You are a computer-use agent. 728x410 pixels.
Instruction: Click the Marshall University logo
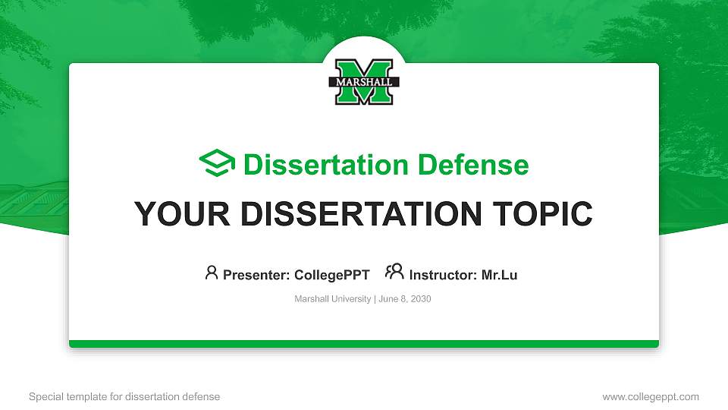coord(364,82)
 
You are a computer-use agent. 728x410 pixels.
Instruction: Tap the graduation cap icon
coord(217,164)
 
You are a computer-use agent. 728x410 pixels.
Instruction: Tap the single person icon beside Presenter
coord(212,273)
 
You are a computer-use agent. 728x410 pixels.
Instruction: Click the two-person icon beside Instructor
coord(394,272)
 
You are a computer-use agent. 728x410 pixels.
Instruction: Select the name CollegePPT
coord(332,275)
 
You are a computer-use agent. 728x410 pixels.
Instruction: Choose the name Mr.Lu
coord(500,275)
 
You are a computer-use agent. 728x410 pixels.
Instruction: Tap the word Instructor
coord(443,275)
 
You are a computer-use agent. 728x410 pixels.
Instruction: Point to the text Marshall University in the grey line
coord(332,299)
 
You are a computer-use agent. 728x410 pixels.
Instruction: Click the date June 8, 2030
coord(404,299)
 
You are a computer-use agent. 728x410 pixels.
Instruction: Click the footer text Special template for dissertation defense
coord(124,397)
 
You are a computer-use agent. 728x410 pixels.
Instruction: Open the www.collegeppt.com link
coord(651,397)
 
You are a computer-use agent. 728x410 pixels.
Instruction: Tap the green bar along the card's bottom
coord(364,344)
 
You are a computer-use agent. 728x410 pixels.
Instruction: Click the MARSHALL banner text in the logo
coord(364,81)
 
